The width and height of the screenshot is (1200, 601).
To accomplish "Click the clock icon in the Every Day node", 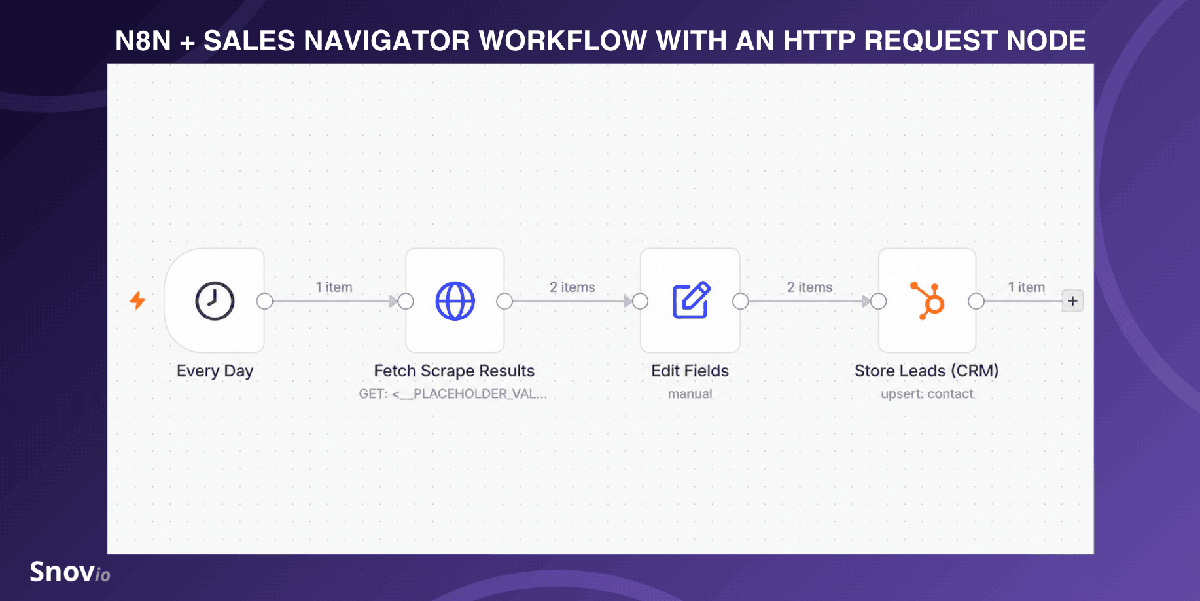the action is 215,301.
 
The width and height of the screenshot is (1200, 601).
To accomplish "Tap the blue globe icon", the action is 455,301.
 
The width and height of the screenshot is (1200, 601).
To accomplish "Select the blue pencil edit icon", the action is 691,300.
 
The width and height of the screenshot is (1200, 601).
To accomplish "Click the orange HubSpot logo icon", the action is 928,300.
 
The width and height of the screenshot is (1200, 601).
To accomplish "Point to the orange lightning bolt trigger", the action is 137,300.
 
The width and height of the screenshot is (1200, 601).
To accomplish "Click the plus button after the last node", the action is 1072,301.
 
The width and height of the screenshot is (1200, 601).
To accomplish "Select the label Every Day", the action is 215,371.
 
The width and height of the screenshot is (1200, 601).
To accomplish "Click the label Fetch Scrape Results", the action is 454,371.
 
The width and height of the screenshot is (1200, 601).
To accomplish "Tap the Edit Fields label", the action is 690,371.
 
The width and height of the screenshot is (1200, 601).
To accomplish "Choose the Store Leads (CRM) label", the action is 926,371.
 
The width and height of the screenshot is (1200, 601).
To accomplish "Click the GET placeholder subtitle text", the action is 453,394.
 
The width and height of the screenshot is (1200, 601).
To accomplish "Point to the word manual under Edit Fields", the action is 690,394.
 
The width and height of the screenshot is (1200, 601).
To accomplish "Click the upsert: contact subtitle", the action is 926,394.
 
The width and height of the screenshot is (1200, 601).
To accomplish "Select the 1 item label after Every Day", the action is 334,287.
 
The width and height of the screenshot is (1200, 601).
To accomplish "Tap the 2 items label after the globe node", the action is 572,287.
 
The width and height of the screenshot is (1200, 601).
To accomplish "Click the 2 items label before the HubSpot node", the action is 809,287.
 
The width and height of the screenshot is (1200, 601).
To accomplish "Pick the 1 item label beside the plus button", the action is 1026,287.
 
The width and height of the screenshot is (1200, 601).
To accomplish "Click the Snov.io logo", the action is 70,572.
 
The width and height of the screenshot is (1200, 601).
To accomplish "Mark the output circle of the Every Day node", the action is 264,301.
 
